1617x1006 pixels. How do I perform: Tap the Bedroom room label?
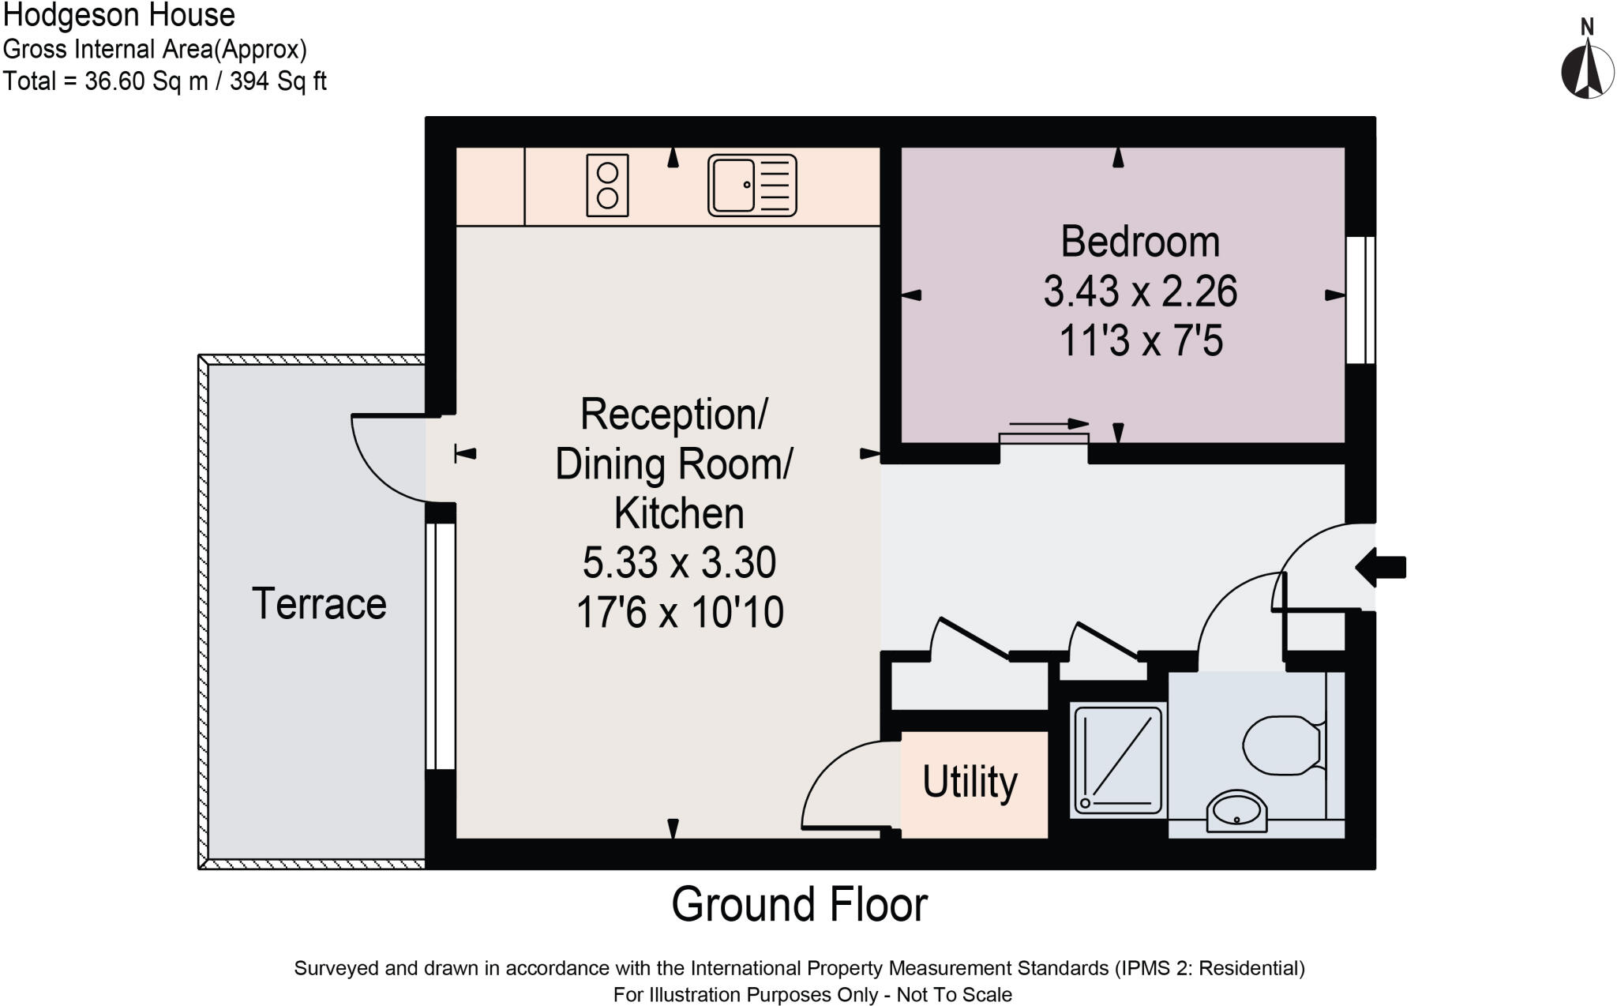(1140, 242)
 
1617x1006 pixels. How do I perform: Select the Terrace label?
(319, 604)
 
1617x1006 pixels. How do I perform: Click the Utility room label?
(970, 782)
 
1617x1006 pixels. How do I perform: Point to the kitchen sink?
(752, 186)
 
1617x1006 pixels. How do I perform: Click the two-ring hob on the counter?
(607, 186)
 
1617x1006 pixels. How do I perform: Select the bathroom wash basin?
(1236, 811)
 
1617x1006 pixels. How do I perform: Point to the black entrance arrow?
(1381, 567)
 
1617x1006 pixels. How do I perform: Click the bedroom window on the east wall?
(1360, 300)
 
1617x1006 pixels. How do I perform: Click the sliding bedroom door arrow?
(1049, 424)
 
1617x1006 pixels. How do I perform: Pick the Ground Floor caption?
(799, 905)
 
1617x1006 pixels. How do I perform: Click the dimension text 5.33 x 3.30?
(679, 562)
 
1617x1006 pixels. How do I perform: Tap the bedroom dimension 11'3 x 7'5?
(1140, 342)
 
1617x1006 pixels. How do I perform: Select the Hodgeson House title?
(119, 16)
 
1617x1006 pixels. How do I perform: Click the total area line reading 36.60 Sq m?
(164, 81)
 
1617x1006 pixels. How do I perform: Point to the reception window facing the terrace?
(441, 646)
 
